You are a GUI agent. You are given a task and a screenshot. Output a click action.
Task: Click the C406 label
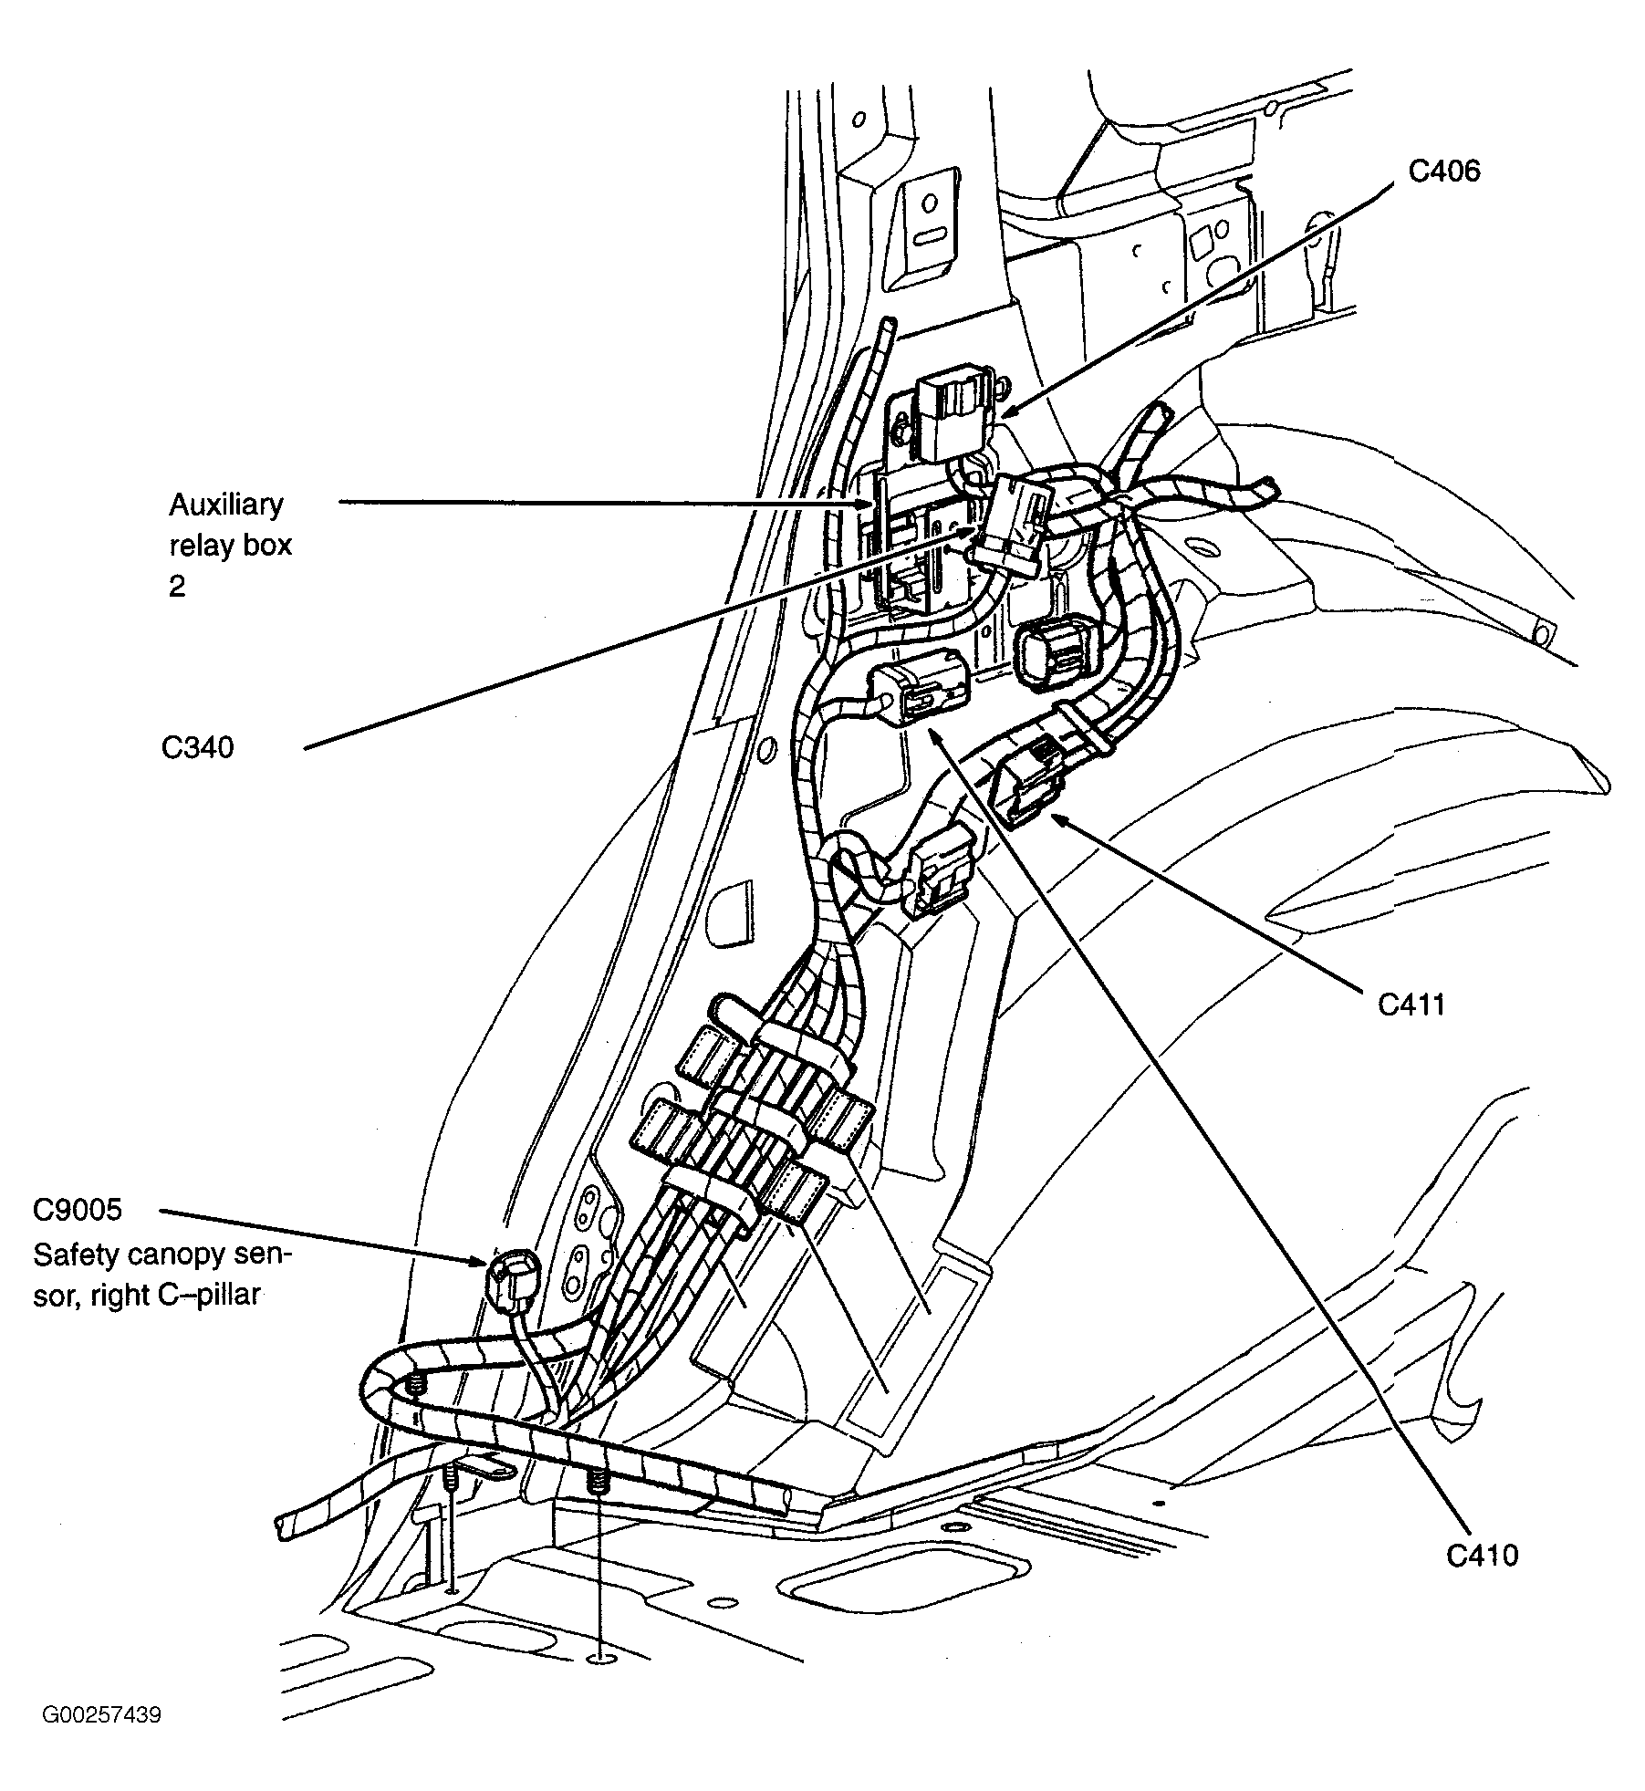point(1443,172)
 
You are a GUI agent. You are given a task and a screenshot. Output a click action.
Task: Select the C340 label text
point(198,748)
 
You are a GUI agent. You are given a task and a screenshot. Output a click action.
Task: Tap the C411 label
point(1411,1005)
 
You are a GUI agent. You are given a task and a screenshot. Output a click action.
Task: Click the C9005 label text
point(78,1210)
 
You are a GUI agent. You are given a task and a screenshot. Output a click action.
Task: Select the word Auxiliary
point(225,505)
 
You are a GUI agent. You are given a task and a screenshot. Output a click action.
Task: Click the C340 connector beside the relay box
point(1013,526)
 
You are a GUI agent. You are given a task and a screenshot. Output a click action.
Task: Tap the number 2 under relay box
point(177,585)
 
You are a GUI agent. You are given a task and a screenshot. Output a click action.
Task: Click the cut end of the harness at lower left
point(282,1525)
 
